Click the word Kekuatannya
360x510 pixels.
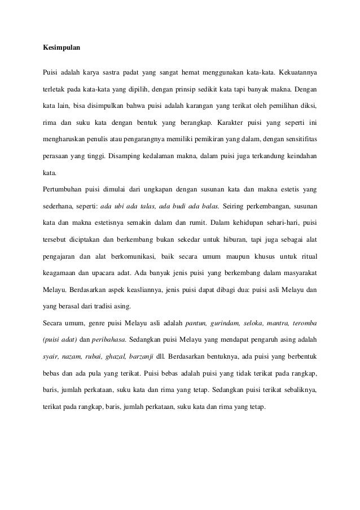(x=295, y=73)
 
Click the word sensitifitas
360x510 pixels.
(x=295, y=138)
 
